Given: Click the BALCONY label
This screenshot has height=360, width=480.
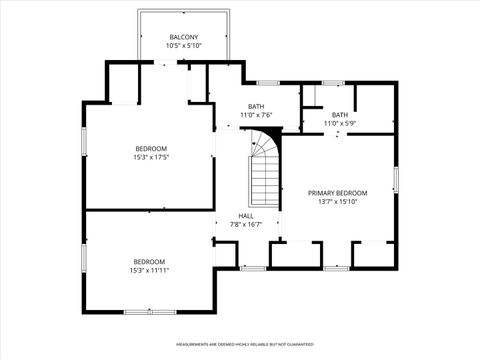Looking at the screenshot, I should tap(183, 38).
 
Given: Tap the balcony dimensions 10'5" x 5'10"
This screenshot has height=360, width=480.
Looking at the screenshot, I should tap(183, 46).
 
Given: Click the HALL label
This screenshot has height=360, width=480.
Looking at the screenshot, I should tap(246, 216).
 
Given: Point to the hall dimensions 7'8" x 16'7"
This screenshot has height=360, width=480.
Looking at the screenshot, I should tap(246, 224).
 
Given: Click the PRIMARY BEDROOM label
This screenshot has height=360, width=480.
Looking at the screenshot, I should tap(337, 193).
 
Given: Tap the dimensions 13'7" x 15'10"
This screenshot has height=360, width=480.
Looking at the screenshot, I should tap(337, 201).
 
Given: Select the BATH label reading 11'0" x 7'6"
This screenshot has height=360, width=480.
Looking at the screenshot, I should tap(256, 107).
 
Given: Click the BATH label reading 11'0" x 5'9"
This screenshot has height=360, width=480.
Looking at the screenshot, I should tap(340, 115).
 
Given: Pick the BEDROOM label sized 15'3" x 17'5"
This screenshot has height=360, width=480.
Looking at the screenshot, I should tap(150, 148).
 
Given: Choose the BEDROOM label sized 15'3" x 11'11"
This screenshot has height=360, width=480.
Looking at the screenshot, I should tap(148, 261).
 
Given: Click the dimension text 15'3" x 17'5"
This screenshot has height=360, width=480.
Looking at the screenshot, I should tap(150, 157).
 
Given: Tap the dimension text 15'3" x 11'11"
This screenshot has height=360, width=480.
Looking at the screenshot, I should tap(148, 270).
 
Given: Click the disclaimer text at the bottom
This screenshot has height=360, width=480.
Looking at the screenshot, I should tap(238, 344).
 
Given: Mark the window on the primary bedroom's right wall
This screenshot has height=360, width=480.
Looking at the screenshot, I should tap(396, 180).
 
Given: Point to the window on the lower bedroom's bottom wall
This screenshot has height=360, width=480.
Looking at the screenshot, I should tap(151, 309).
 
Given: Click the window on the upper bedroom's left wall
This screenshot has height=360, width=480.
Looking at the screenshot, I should tap(84, 140).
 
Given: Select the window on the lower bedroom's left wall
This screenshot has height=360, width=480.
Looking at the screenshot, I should tap(84, 259).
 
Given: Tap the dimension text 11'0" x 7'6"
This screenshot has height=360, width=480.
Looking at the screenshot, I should tap(256, 115).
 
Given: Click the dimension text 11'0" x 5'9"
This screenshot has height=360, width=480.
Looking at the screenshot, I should tap(340, 123).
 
